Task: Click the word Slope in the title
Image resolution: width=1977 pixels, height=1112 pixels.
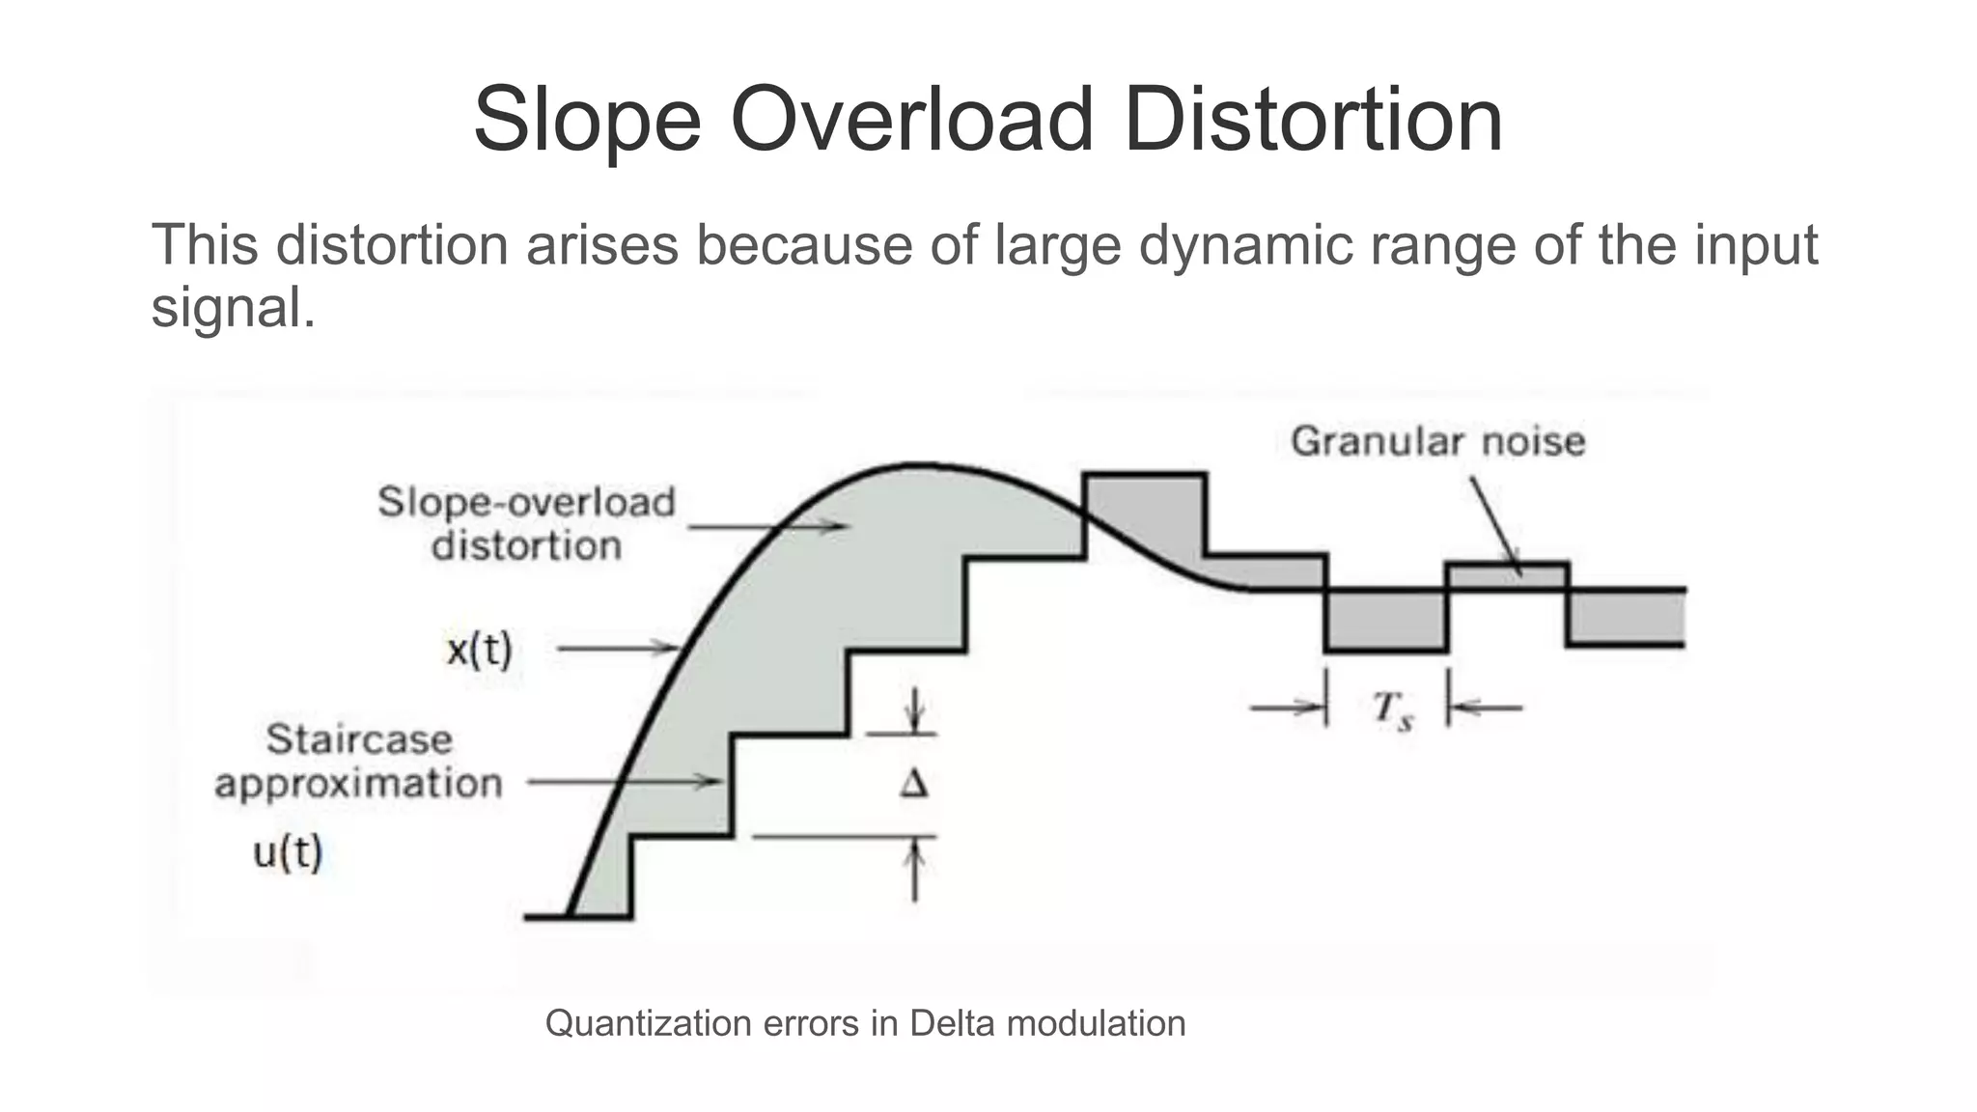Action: click(587, 120)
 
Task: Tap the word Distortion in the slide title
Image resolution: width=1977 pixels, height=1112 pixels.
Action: click(1313, 120)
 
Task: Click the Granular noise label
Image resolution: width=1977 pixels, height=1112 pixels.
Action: click(1437, 441)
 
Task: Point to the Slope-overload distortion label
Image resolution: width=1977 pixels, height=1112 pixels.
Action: click(526, 523)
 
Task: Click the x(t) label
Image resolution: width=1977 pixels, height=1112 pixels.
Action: click(479, 650)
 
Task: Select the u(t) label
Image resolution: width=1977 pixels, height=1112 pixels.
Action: click(288, 852)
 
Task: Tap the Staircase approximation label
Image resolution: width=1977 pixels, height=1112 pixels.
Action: click(359, 761)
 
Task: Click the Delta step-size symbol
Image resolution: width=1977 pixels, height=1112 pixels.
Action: click(913, 784)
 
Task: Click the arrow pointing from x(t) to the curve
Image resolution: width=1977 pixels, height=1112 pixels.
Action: click(618, 649)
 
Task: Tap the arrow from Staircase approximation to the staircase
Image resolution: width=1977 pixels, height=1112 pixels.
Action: click(624, 782)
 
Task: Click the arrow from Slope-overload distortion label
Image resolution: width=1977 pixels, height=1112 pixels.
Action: click(767, 526)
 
